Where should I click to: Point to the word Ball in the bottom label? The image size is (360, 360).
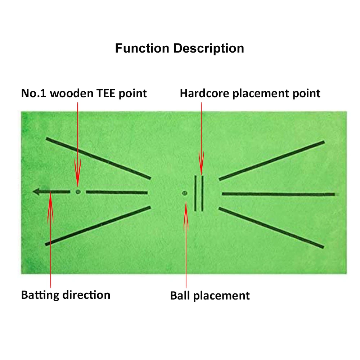(x=180, y=296)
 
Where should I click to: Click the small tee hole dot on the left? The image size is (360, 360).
(x=78, y=192)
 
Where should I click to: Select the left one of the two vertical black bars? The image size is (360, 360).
(x=195, y=193)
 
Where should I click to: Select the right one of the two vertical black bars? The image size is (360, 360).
(x=202, y=193)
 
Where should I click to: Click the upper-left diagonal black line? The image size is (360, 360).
(x=98, y=158)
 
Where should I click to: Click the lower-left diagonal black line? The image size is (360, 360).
(x=98, y=226)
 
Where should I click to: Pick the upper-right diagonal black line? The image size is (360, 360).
(x=272, y=160)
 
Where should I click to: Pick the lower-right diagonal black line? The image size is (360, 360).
(x=272, y=228)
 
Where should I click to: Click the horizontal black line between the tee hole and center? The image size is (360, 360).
(x=117, y=192)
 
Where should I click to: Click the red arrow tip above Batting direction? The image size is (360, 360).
(x=51, y=194)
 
